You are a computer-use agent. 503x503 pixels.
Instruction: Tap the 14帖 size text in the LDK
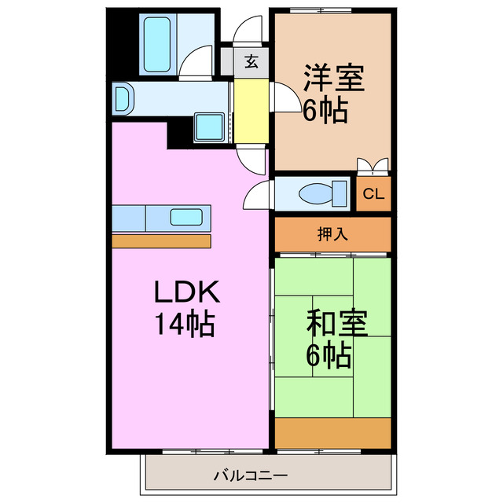185,323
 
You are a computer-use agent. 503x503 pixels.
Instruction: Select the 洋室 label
332,79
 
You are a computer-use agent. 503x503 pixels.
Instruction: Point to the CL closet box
373,194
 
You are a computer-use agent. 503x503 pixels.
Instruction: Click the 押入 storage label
332,234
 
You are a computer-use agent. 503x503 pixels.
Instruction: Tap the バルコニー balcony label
250,475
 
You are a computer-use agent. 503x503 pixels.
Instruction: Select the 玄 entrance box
251,60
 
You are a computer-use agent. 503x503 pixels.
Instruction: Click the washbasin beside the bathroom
123,99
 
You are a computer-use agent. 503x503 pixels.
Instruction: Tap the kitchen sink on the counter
188,218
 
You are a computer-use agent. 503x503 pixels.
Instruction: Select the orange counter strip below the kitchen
161,240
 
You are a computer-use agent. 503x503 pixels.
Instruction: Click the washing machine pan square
211,128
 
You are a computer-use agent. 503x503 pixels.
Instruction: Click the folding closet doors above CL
373,165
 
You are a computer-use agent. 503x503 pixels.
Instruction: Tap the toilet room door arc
259,193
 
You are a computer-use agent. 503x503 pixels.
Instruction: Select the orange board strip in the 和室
332,431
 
